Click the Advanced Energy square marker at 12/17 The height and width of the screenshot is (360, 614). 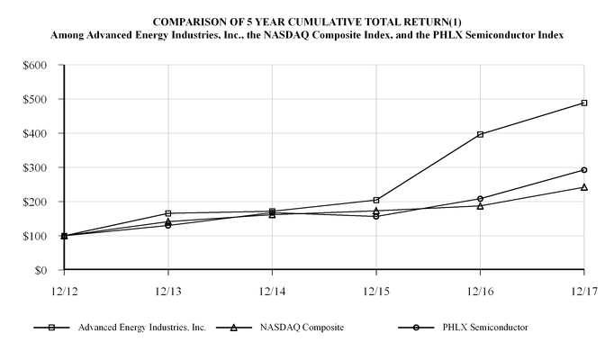click(584, 103)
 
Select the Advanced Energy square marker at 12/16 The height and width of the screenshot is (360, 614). click(480, 134)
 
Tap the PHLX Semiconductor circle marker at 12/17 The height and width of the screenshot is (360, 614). click(584, 169)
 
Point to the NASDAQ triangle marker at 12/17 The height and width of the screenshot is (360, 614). click(584, 187)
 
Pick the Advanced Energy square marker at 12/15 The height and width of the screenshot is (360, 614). click(376, 200)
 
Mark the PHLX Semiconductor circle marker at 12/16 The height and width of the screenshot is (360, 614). click(480, 198)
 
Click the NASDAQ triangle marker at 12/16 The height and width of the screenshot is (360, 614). click(480, 205)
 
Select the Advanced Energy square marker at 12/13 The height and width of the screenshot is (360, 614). click(168, 213)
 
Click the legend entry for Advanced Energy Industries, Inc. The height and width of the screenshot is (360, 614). click(140, 328)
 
